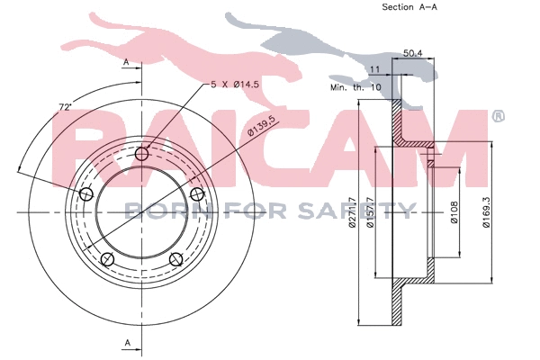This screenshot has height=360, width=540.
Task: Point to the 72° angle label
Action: [x=64, y=107]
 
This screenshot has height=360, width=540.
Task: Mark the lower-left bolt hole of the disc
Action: [x=108, y=260]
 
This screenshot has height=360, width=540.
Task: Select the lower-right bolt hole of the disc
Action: [x=176, y=260]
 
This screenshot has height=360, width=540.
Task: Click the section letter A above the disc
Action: [x=127, y=60]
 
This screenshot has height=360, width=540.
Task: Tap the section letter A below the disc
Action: [x=127, y=343]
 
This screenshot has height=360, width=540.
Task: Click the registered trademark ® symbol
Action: [x=498, y=117]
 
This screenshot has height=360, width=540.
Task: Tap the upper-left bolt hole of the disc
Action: [x=87, y=195]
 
